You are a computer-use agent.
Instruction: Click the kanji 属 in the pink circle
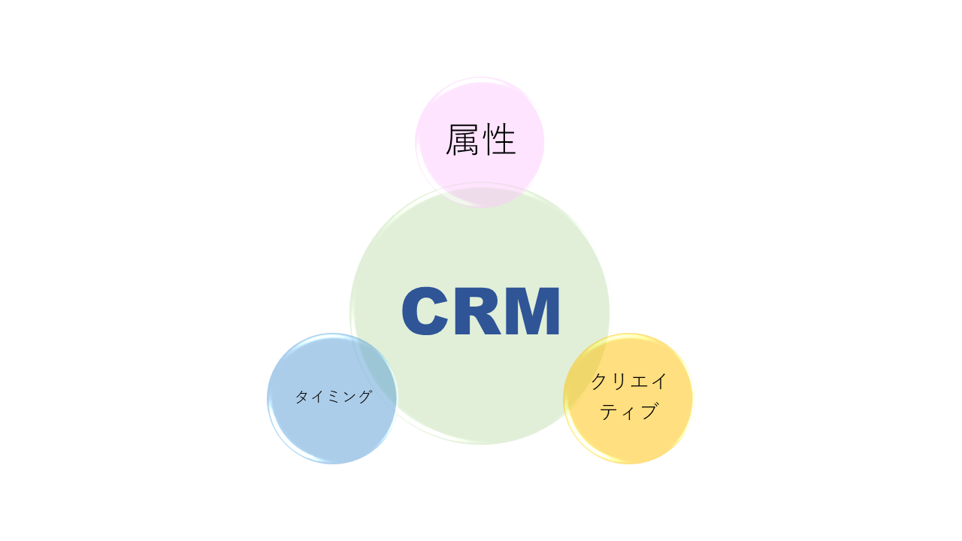[462, 140]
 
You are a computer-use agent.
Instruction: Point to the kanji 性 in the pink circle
[499, 140]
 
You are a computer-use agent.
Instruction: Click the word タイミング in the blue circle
[333, 397]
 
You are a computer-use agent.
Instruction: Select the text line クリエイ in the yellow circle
[629, 382]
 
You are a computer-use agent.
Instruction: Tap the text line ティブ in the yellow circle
[629, 411]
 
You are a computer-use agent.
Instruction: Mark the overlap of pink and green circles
[481, 197]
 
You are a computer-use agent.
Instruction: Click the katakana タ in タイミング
[302, 397]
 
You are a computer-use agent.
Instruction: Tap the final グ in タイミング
[365, 397]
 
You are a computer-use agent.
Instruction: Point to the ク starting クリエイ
[599, 382]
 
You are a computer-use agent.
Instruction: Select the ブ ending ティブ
[650, 411]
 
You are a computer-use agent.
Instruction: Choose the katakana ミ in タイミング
[333, 397]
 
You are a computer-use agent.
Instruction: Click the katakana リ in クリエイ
[619, 382]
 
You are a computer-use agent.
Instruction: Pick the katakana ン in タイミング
[348, 397]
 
